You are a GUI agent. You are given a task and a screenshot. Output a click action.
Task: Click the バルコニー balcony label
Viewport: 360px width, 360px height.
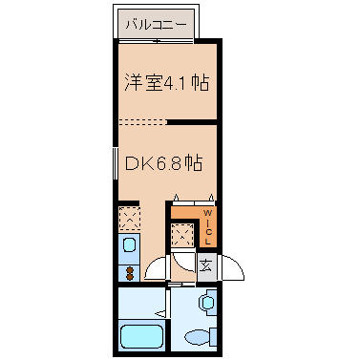pyautogui.click(x=156, y=25)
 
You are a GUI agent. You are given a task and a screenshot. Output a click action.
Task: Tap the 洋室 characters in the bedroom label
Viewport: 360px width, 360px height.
pyautogui.click(x=143, y=82)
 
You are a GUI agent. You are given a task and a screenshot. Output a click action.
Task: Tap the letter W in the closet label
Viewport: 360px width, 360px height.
pyautogui.click(x=207, y=212)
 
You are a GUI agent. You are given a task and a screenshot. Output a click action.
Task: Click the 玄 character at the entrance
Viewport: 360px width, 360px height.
pyautogui.click(x=205, y=265)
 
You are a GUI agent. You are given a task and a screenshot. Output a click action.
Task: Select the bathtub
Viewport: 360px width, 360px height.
pyautogui.click(x=142, y=337)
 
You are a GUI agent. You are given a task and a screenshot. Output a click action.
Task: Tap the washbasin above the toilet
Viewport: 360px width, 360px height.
pyautogui.click(x=207, y=301)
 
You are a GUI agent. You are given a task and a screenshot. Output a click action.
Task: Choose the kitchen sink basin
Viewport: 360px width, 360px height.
pyautogui.click(x=130, y=245)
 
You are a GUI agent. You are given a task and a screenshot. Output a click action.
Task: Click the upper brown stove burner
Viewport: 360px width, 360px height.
pyautogui.click(x=130, y=270)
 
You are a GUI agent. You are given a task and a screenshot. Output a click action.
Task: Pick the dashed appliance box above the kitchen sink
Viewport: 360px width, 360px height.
pyautogui.click(x=129, y=219)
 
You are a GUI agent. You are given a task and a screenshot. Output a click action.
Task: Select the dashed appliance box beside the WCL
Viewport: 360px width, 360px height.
pyautogui.click(x=182, y=235)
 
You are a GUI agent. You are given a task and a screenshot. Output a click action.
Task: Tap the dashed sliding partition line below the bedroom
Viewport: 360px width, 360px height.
pyautogui.click(x=143, y=121)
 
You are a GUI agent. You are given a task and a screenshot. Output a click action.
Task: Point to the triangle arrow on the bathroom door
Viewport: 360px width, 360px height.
pyautogui.click(x=160, y=314)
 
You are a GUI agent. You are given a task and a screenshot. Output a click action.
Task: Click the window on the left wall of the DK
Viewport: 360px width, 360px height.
pyautogui.click(x=116, y=163)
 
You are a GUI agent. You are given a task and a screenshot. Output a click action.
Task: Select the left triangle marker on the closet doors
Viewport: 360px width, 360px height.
pyautogui.click(x=177, y=198)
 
